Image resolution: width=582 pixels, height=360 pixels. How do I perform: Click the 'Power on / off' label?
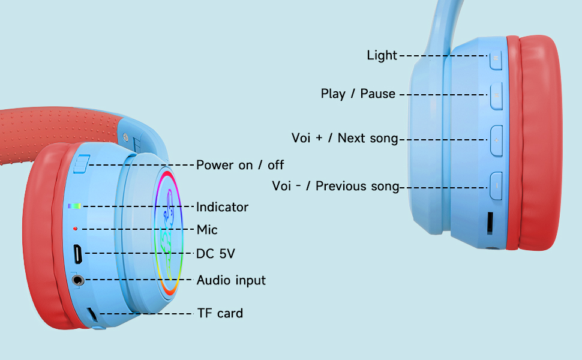pos(240,164)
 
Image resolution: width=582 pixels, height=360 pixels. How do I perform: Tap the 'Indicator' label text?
pos(222,207)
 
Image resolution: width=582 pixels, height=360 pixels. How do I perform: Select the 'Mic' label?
pos(207,230)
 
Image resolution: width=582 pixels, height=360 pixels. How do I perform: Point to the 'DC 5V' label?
pos(215,254)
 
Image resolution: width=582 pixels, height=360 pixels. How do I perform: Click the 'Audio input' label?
pos(231,280)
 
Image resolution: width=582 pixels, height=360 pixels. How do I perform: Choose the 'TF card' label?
pos(220,313)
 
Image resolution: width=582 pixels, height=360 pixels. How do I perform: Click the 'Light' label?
pos(382,55)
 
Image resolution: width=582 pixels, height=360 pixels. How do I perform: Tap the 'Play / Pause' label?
pos(358,94)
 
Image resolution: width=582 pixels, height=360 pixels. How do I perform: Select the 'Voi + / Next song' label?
pos(345,138)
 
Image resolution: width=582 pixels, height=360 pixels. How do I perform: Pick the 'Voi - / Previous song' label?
pos(335,186)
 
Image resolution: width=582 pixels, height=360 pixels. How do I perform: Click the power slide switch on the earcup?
pos(82,164)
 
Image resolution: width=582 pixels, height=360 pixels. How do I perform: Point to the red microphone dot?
pos(75,229)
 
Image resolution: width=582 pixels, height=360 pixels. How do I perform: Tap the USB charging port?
pos(78,254)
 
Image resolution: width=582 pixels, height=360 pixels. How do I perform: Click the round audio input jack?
pos(78,280)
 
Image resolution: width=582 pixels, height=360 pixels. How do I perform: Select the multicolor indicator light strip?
pos(74,206)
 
